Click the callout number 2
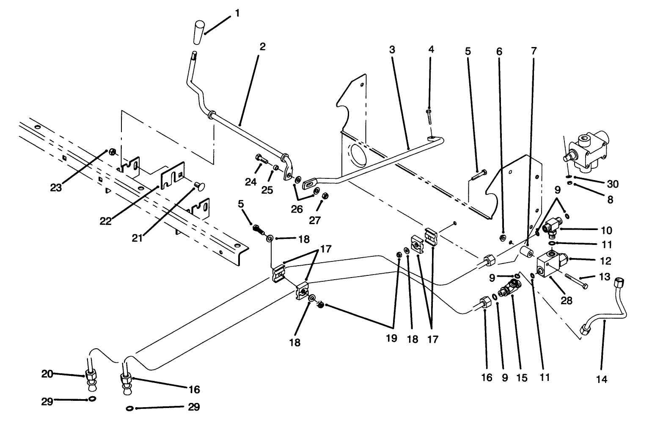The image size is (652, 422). pyautogui.click(x=262, y=47)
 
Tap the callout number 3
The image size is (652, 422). pyautogui.click(x=392, y=50)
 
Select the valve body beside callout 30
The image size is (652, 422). pyautogui.click(x=588, y=153)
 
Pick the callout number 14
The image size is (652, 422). pyautogui.click(x=601, y=379)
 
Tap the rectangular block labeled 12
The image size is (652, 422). pyautogui.click(x=550, y=264)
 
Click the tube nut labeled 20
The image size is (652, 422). pyautogui.click(x=90, y=375)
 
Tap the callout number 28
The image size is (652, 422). pyautogui.click(x=566, y=300)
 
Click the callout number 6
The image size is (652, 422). pyautogui.click(x=499, y=51)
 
